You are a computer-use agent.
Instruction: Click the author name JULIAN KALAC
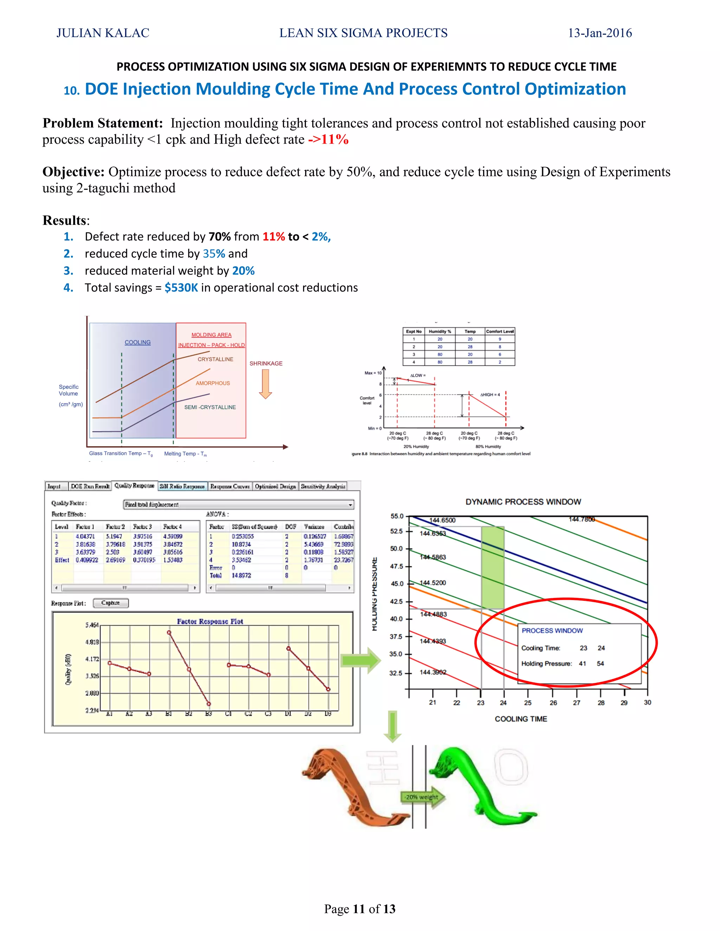(x=103, y=33)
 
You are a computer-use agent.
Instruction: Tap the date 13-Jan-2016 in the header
(x=600, y=33)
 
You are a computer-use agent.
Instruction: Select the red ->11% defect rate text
(x=328, y=139)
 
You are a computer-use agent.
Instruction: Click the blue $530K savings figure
(x=181, y=288)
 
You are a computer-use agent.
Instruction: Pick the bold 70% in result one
(x=220, y=236)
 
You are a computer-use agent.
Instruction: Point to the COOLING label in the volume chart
(x=137, y=342)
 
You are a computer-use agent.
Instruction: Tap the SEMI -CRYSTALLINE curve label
(x=210, y=407)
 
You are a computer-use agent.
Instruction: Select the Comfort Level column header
(x=500, y=331)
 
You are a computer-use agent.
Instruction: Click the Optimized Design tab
(x=275, y=486)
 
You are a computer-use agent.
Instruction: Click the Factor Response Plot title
(x=210, y=621)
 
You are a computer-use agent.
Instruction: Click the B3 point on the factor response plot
(x=208, y=704)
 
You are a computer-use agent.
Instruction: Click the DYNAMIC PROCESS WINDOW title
(x=523, y=502)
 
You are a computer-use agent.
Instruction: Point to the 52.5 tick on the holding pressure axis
(x=396, y=531)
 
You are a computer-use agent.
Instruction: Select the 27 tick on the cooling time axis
(x=576, y=703)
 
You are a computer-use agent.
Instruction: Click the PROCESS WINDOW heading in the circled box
(x=552, y=631)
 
